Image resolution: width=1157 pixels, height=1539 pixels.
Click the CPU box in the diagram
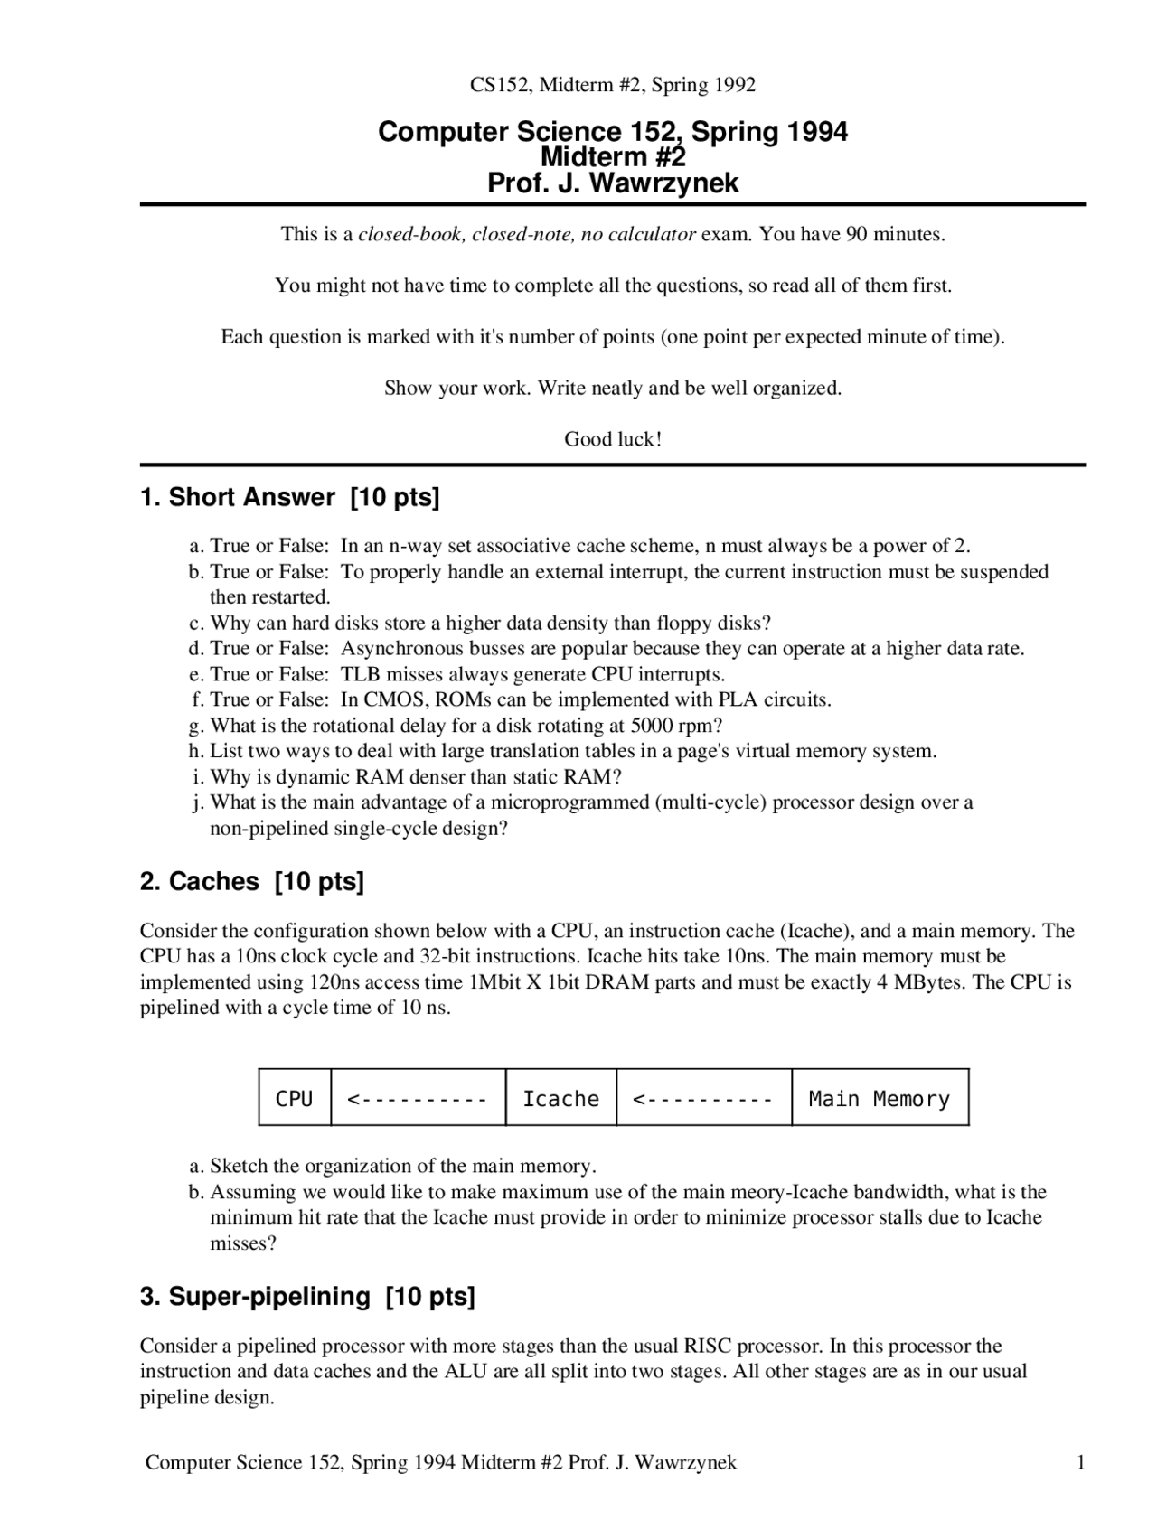tap(294, 1098)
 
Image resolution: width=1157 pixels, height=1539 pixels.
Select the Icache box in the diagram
tap(560, 1098)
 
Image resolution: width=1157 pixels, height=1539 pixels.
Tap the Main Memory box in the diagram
tap(880, 1098)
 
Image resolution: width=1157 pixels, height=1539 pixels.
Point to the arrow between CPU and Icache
tap(418, 1098)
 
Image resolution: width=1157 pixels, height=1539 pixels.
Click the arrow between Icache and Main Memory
tap(703, 1098)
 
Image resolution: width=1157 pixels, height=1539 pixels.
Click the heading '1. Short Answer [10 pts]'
tap(289, 497)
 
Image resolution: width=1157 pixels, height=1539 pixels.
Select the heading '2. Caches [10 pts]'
tap(251, 881)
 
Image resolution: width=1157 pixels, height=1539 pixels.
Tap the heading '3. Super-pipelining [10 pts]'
tap(306, 1296)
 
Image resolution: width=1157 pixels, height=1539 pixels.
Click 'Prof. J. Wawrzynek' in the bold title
tap(613, 183)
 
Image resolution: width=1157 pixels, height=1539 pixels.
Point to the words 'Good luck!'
tap(613, 439)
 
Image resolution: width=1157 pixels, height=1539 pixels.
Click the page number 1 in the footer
tap(1080, 1462)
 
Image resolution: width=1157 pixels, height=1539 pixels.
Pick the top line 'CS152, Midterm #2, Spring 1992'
tap(613, 85)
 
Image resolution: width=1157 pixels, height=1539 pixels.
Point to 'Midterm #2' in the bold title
tap(613, 157)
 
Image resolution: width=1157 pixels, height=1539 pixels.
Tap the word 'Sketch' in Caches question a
tap(239, 1166)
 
